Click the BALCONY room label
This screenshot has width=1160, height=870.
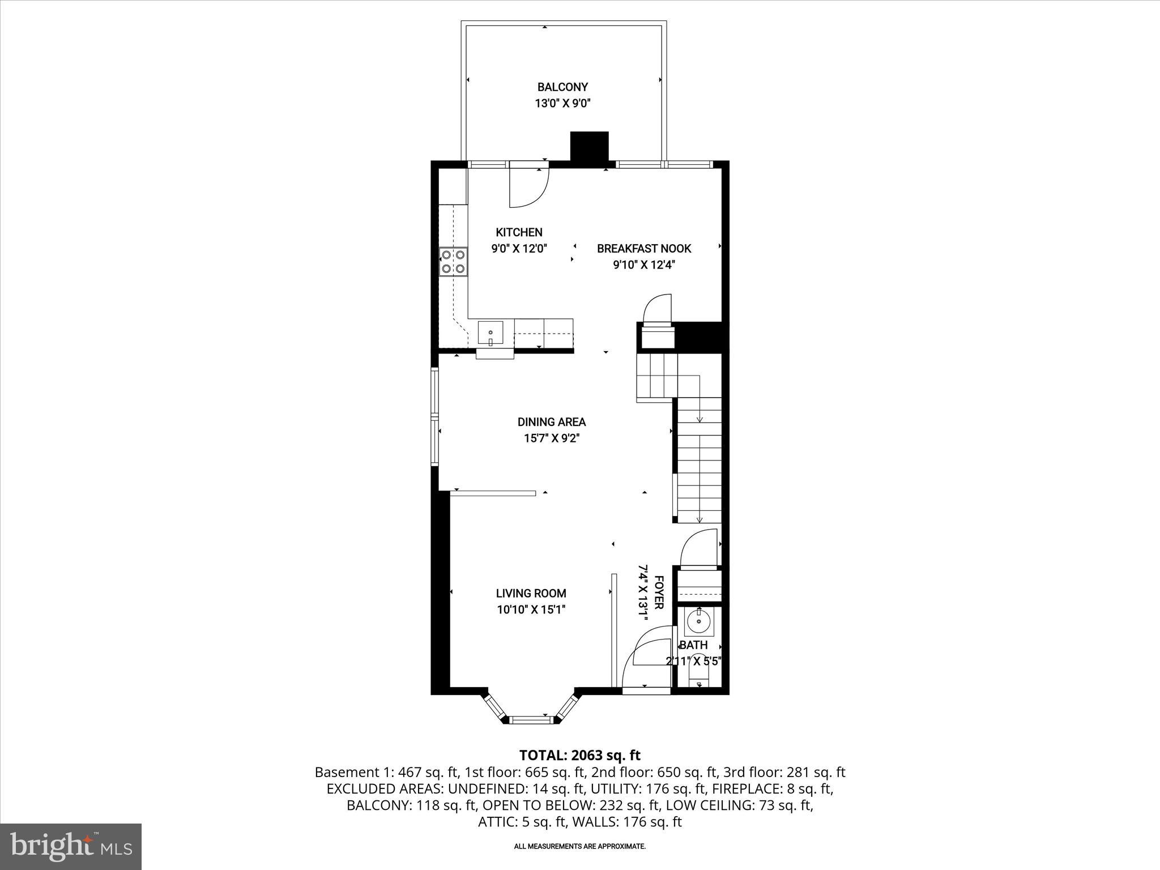pos(562,87)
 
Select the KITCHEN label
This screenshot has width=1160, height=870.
pos(519,232)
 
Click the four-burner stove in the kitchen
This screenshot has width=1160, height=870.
pos(453,262)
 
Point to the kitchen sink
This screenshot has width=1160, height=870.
pos(491,333)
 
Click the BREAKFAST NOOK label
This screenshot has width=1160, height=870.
pos(644,249)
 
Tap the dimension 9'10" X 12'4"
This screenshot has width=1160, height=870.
pos(644,265)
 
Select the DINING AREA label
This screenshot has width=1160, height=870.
pos(551,422)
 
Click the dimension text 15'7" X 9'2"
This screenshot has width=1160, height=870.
pos(551,438)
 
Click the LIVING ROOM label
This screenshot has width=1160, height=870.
pos(531,594)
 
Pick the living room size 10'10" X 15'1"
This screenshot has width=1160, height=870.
pos(531,609)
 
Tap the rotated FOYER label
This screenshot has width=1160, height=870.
pos(659,592)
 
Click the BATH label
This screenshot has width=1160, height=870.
pos(693,645)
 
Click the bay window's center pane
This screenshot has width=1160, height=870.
pos(531,720)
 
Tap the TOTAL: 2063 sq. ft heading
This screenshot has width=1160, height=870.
pos(579,755)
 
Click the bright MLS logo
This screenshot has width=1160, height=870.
pos(71,847)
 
